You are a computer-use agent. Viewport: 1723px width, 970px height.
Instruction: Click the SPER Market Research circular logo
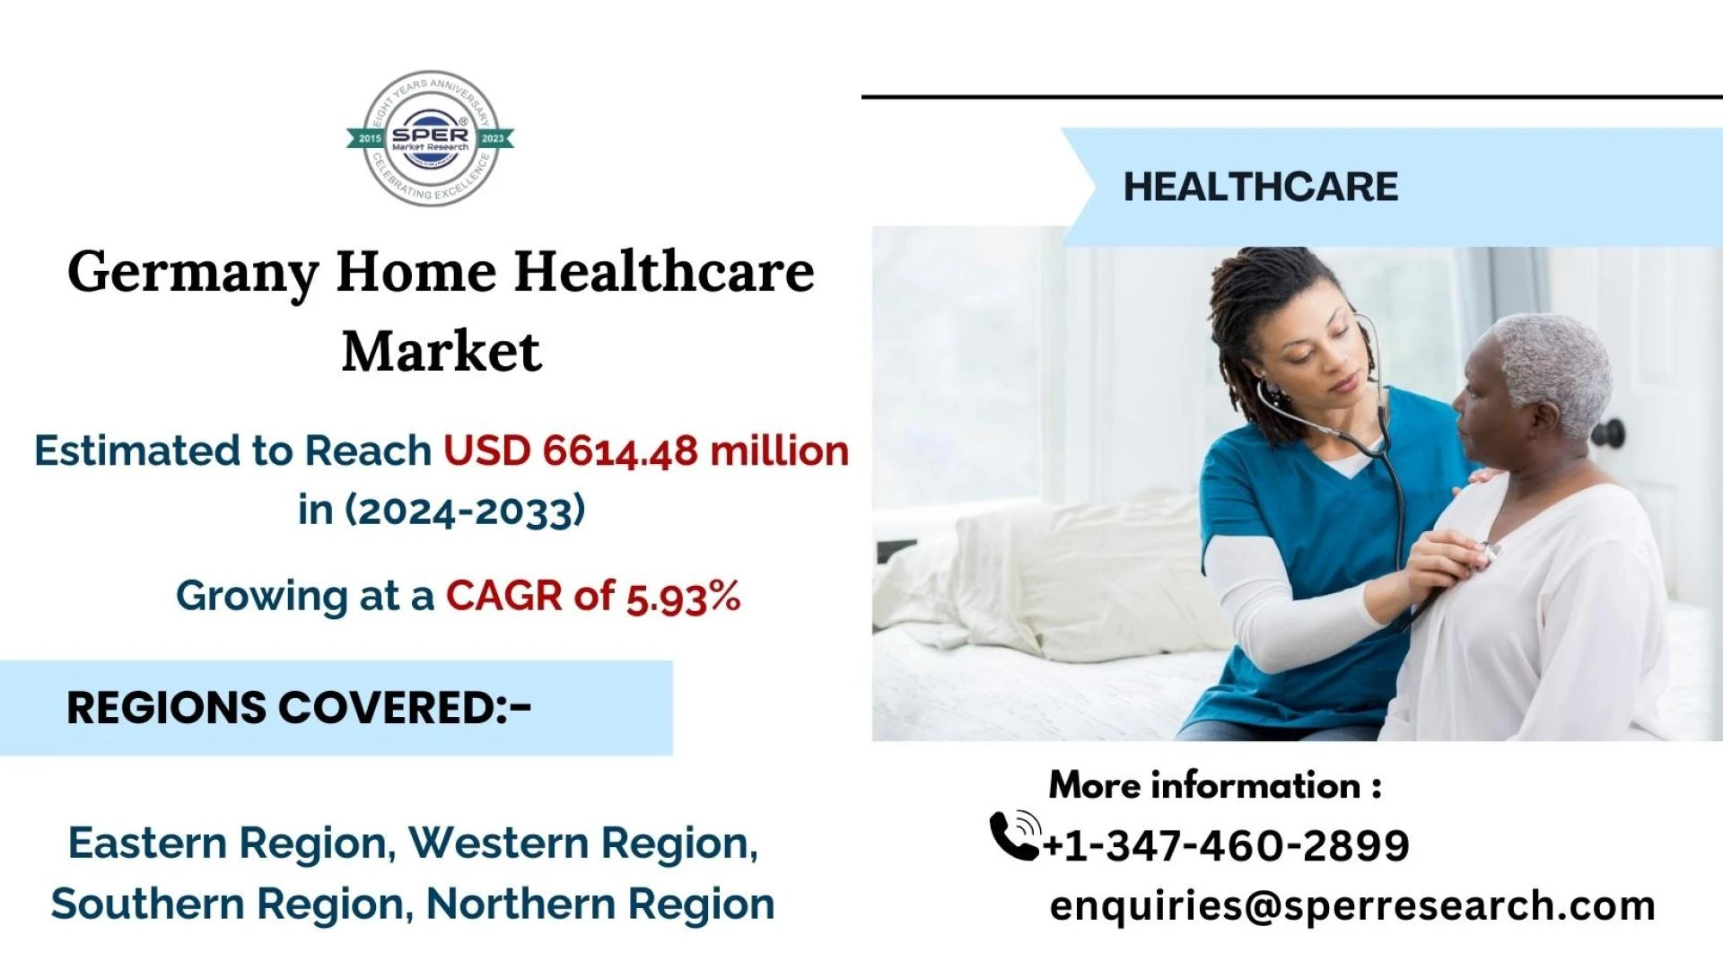(x=431, y=138)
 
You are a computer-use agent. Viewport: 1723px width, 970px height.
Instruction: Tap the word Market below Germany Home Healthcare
(x=442, y=351)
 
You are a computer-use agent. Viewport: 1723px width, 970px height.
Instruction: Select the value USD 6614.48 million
(x=646, y=450)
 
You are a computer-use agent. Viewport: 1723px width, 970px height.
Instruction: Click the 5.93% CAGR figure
(x=683, y=597)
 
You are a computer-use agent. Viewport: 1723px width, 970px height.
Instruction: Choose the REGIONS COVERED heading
(x=299, y=708)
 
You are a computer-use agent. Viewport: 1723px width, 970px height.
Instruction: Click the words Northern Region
(x=599, y=904)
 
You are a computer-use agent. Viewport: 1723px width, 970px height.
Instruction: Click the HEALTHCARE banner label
(x=1260, y=187)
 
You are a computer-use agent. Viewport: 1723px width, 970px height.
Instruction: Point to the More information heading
(x=1215, y=785)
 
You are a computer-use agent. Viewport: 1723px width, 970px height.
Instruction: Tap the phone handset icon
(x=1015, y=835)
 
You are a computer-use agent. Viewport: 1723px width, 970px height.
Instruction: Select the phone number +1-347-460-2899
(x=1226, y=845)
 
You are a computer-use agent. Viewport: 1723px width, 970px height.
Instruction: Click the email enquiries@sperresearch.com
(x=1352, y=905)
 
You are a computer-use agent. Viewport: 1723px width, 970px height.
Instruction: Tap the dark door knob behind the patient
(x=1608, y=433)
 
